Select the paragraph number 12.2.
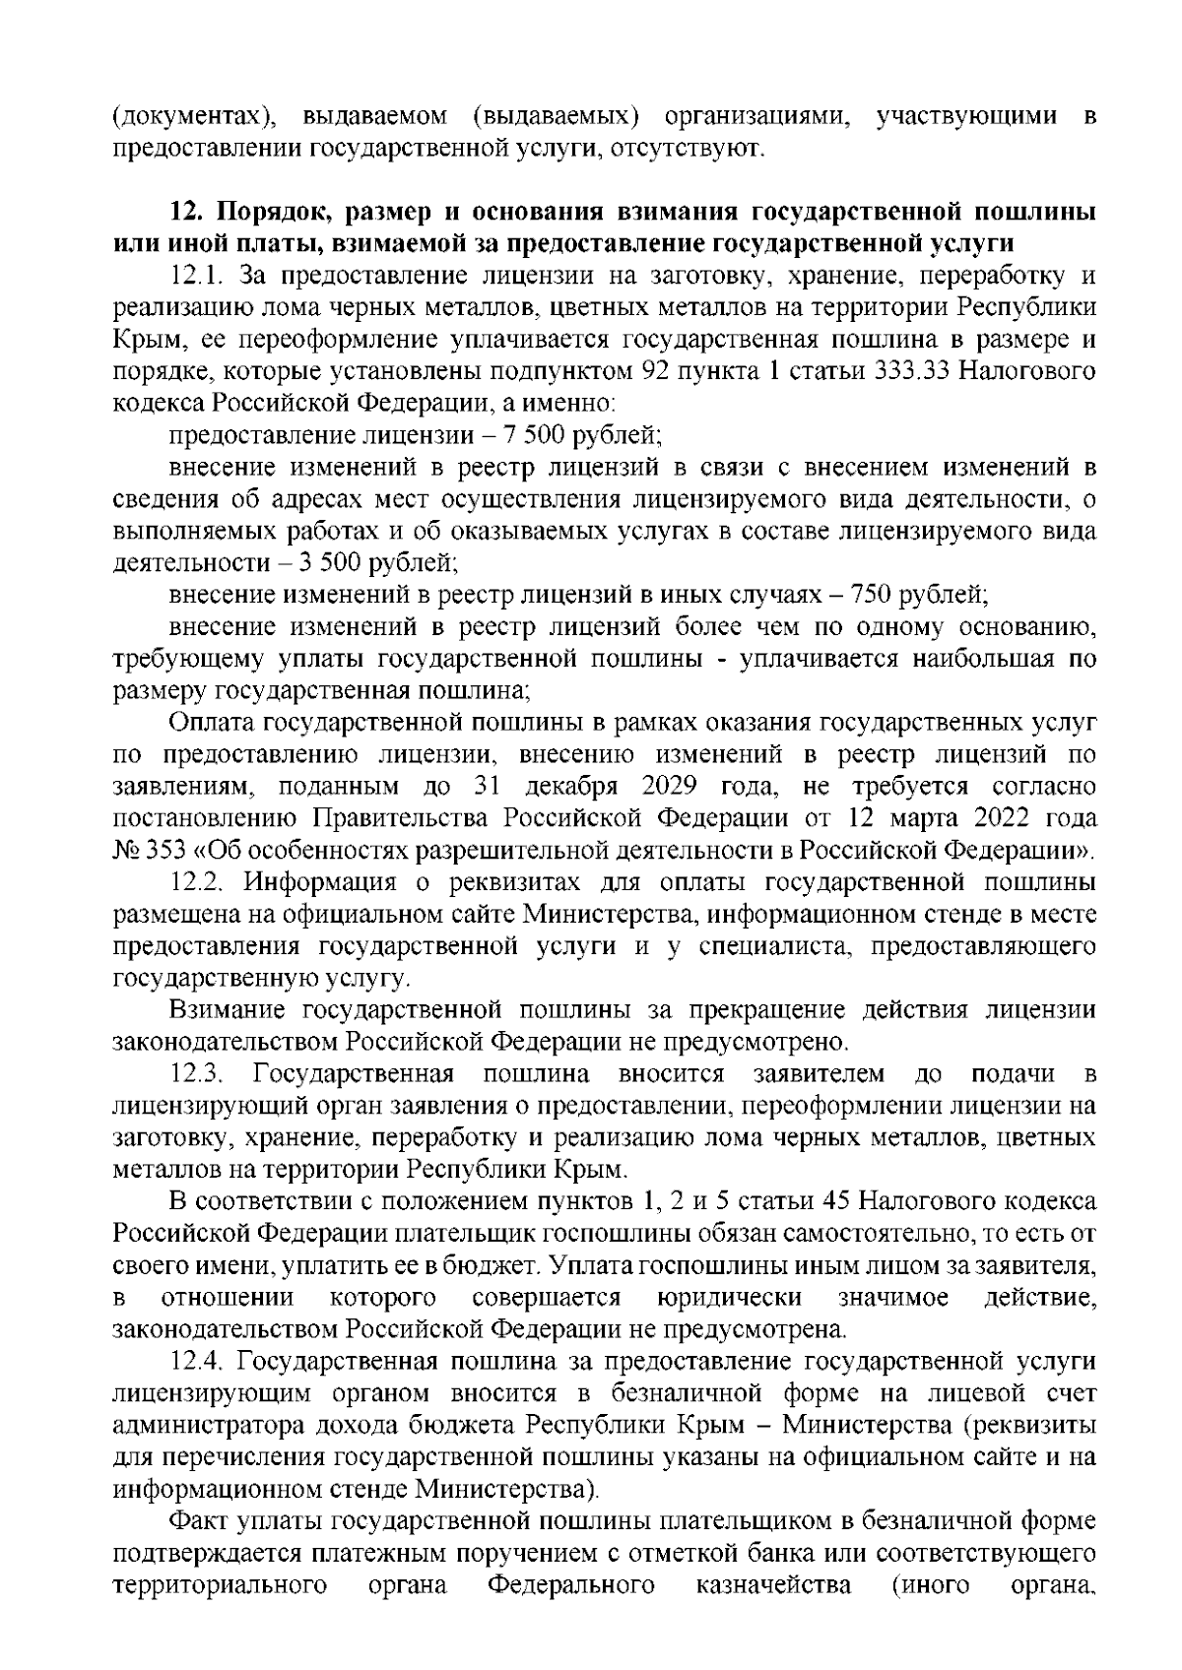(199, 884)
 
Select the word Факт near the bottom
(198, 1550)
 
